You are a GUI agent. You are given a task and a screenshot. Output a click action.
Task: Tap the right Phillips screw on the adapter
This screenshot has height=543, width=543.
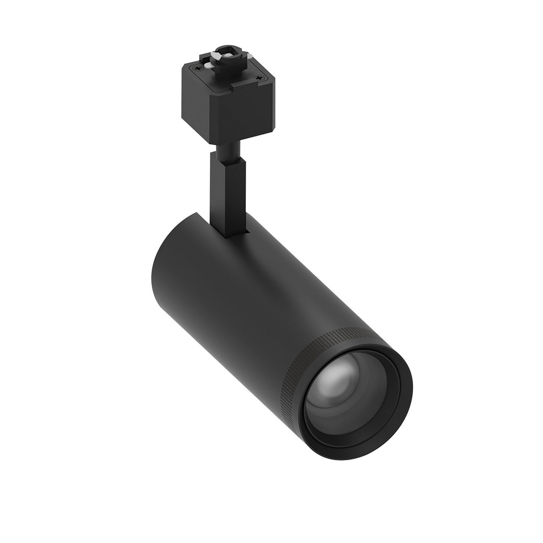pos(258,77)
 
